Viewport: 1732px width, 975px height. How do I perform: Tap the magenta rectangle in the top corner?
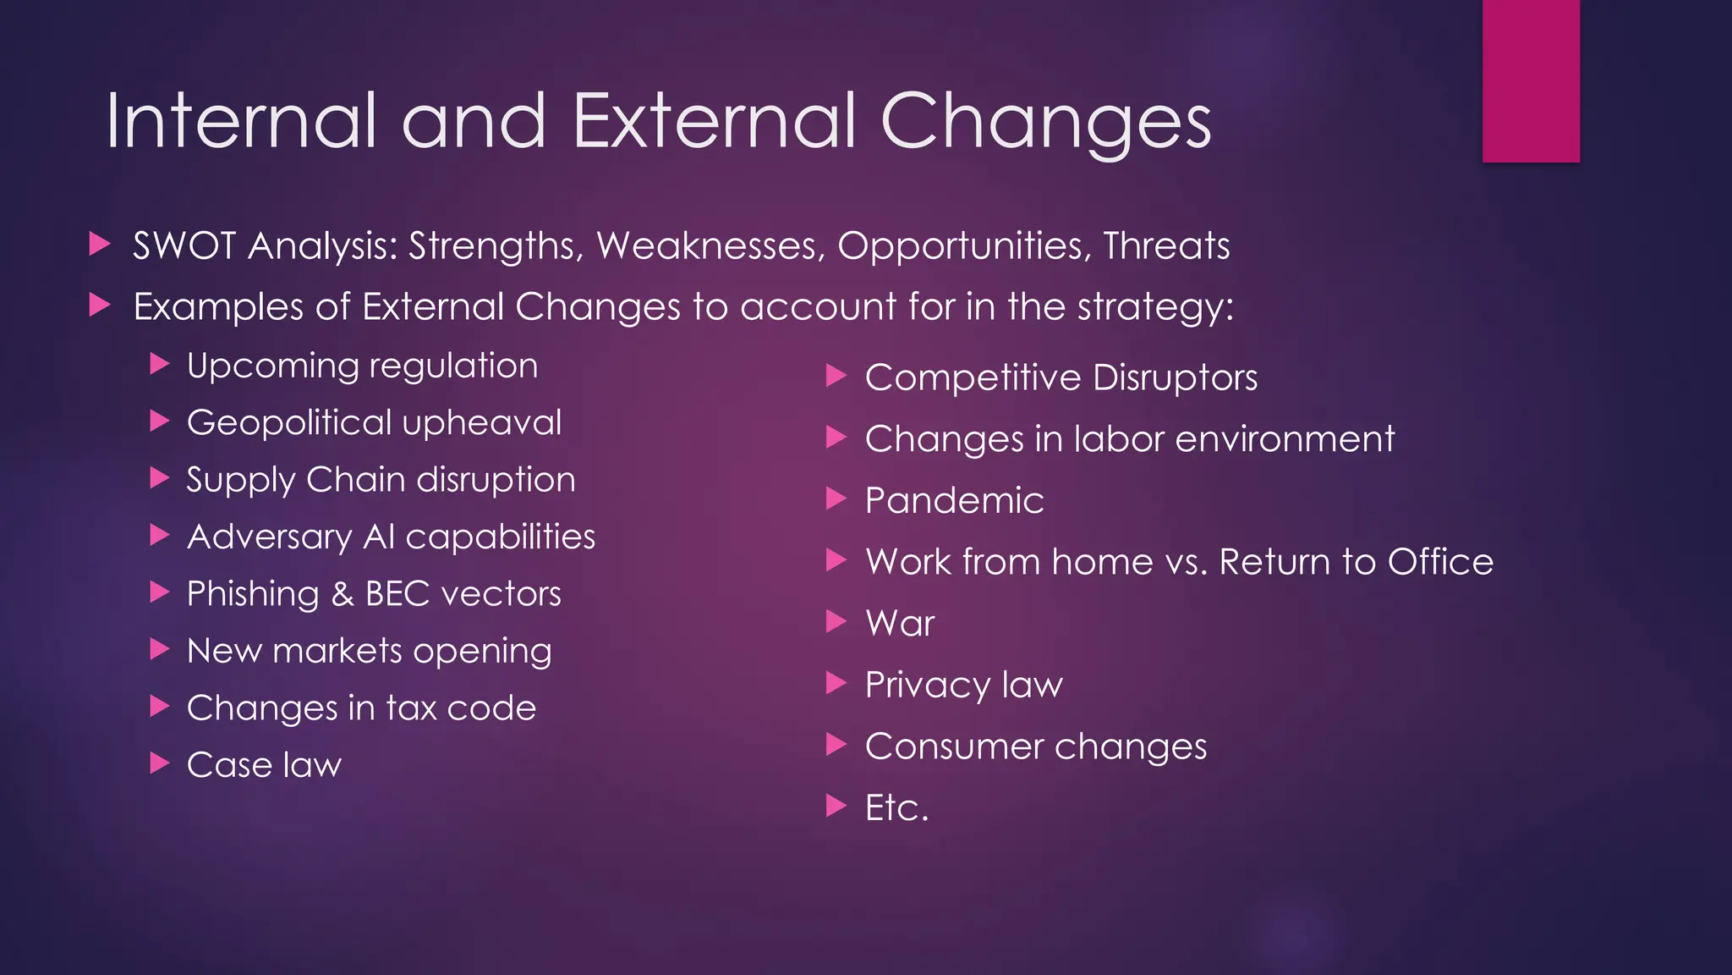point(1531,80)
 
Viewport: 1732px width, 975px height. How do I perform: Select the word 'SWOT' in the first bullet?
point(184,245)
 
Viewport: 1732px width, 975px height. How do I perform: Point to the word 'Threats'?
point(1166,245)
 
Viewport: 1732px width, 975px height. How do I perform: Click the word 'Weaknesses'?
point(710,245)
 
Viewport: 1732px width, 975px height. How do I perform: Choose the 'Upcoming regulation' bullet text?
point(362,366)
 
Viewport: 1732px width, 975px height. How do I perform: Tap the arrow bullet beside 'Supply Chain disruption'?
point(160,478)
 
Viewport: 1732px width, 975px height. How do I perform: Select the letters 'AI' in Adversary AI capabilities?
point(379,537)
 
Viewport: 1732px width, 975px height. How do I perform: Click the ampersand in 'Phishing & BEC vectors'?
point(343,594)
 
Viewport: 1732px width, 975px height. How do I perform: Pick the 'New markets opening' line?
point(369,651)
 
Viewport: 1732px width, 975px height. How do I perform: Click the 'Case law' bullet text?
point(264,765)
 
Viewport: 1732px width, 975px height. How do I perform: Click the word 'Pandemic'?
point(954,500)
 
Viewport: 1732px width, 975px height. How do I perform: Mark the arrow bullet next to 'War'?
point(836,622)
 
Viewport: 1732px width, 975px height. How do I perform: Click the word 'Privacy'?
point(927,685)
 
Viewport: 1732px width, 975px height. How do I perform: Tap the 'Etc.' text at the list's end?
point(896,807)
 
